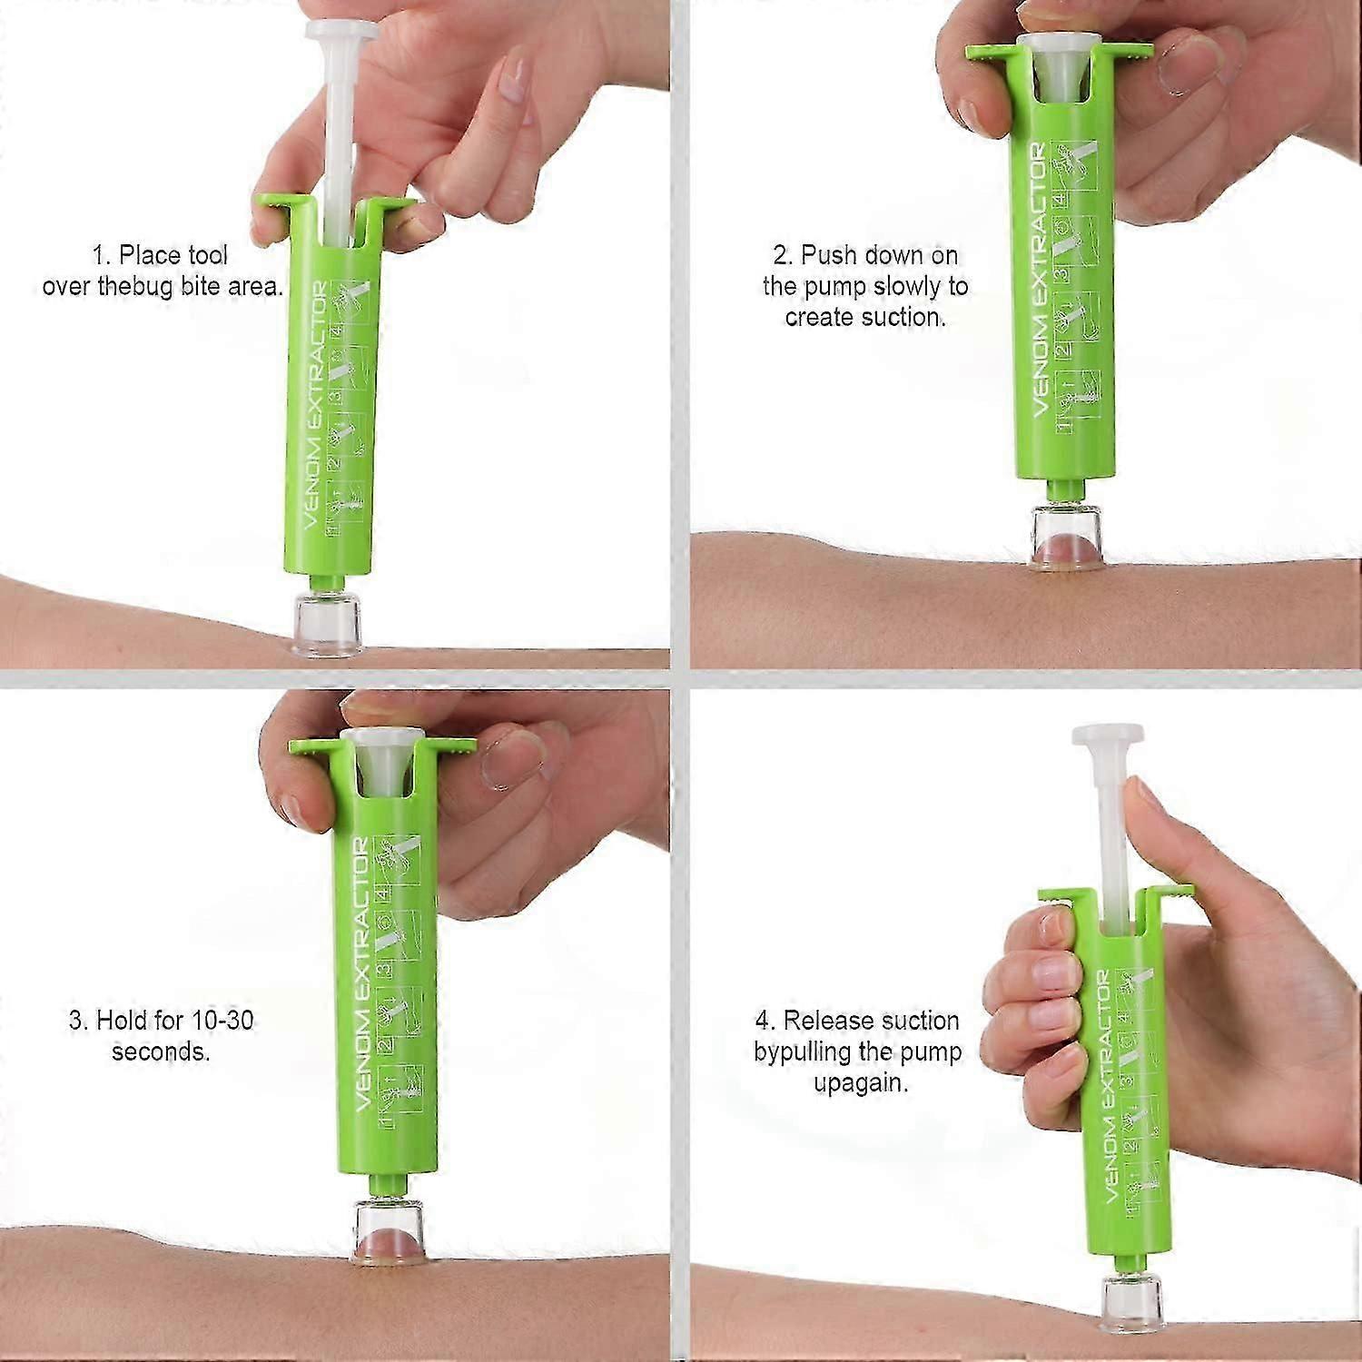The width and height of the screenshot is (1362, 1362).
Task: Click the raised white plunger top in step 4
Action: click(x=1106, y=735)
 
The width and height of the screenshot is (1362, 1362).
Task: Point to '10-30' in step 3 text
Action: click(x=222, y=1020)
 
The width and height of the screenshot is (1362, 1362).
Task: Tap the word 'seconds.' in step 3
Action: click(x=161, y=1051)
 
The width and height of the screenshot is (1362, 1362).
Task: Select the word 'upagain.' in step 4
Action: click(x=861, y=1083)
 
